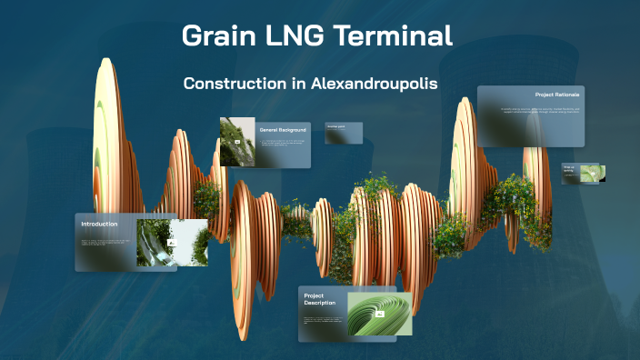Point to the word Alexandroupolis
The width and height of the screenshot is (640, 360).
point(375,83)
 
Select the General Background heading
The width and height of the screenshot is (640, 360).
point(283,130)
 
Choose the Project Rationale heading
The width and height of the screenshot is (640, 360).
point(557,95)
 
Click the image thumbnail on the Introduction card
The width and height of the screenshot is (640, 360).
point(172,242)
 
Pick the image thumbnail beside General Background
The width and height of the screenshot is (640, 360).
point(237,141)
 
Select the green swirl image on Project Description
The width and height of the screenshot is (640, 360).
point(380,314)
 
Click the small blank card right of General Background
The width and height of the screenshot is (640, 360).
point(344,133)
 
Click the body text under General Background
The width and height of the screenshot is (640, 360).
point(282,145)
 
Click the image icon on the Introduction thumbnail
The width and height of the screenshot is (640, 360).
point(171,243)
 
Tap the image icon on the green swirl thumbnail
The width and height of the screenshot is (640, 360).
point(380,314)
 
